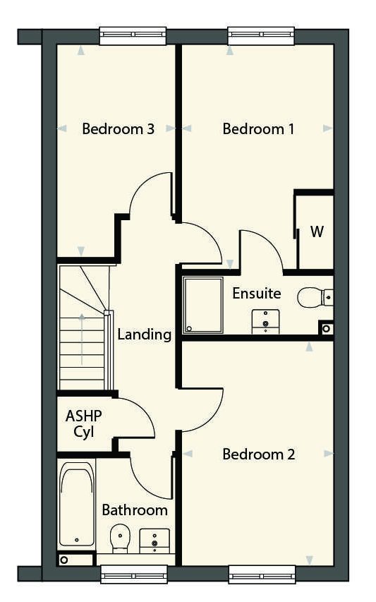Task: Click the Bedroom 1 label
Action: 258,128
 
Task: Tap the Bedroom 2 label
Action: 259,454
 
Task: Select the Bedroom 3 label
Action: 119,128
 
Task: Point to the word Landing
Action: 144,335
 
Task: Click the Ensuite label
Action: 257,294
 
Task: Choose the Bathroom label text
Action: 135,510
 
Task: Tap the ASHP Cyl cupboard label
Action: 84,424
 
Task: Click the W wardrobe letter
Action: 317,231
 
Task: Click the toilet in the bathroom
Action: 120,538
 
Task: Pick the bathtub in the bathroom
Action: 77,504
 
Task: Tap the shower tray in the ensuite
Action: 203,305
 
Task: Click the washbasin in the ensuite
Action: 265,321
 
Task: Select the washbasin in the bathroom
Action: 154,541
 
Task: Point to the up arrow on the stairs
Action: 82,339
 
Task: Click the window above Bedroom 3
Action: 133,36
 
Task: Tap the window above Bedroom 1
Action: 261,36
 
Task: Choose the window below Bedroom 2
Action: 262,574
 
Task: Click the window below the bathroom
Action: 134,574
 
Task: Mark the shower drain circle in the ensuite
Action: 189,329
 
